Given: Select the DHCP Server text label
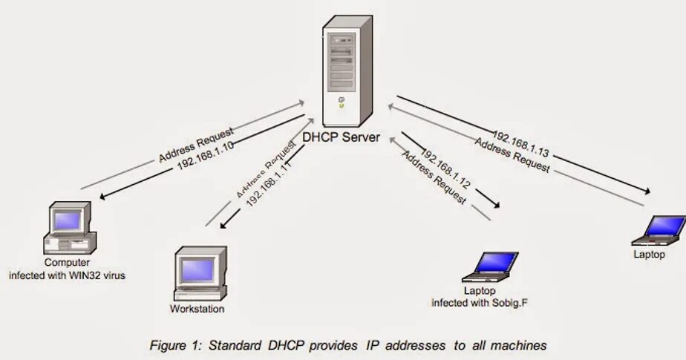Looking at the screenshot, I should [342, 137].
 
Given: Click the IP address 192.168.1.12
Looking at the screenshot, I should [445, 168].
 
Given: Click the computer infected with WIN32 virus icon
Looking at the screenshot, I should [70, 228].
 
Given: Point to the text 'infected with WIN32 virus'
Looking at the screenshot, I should [67, 275].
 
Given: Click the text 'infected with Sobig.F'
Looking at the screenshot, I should [483, 303].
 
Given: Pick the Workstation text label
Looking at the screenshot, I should [197, 309].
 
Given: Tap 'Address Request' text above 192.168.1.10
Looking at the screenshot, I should [196, 144].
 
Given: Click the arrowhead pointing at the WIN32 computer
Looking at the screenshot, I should [103, 197].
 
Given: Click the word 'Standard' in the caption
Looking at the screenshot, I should [235, 345].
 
